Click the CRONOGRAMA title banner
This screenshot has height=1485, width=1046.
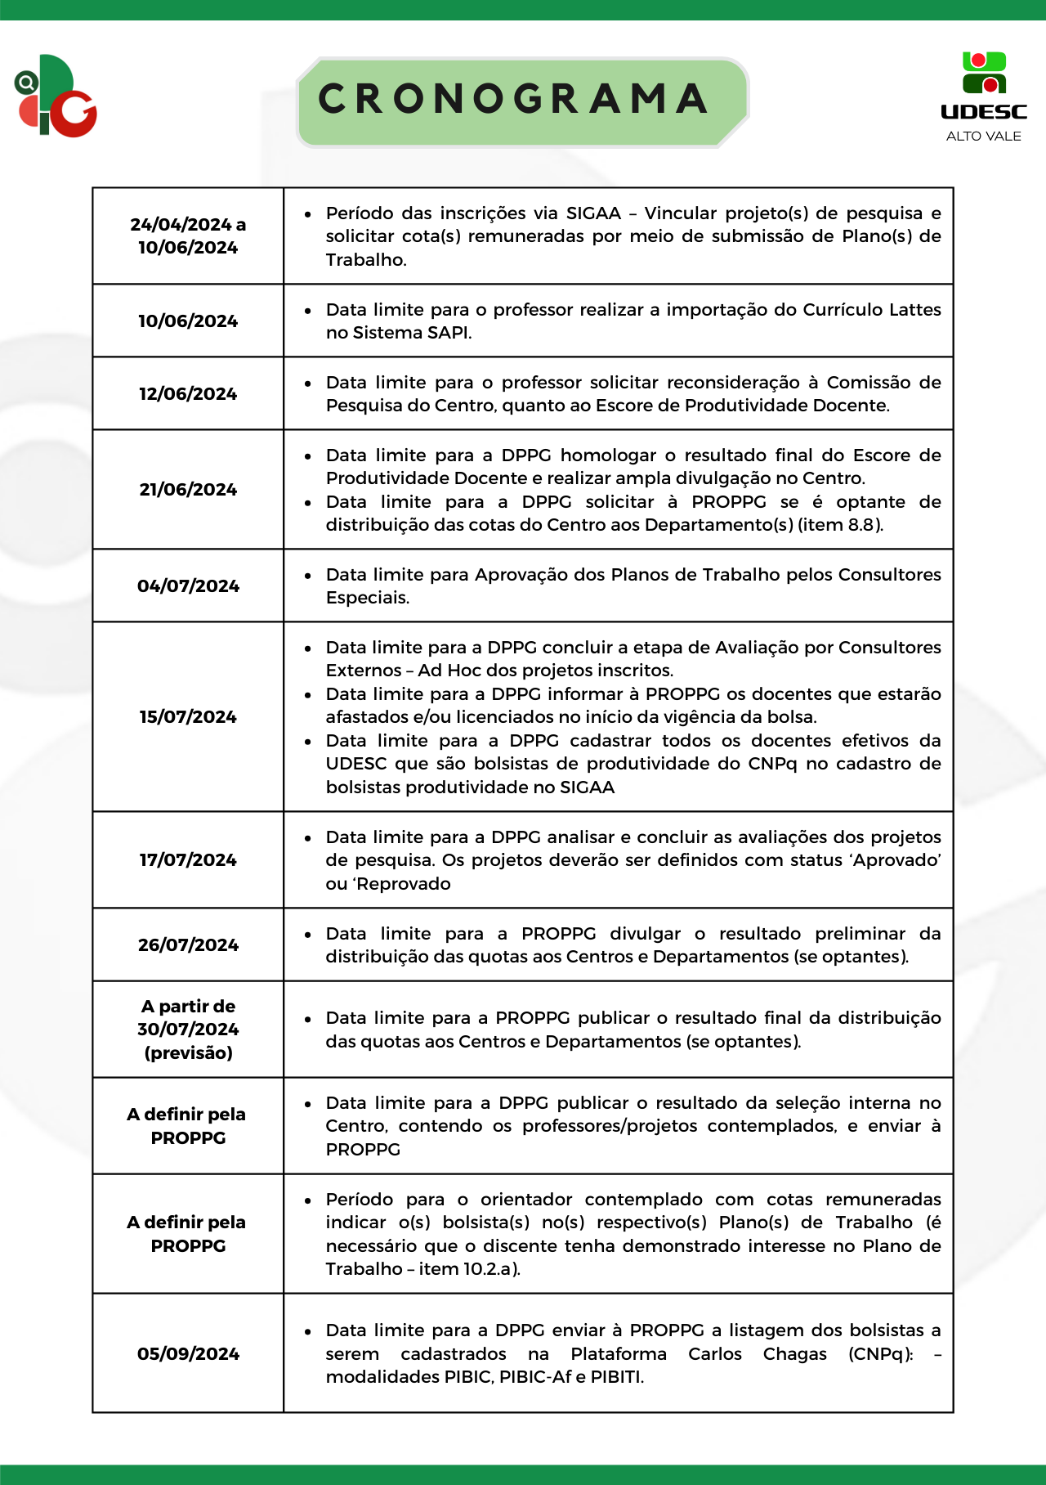pyautogui.click(x=521, y=101)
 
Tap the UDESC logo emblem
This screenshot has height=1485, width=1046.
pyautogui.click(x=984, y=74)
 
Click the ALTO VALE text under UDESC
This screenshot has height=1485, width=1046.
pyautogui.click(x=983, y=137)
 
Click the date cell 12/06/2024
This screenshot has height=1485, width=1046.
pyautogui.click(x=188, y=394)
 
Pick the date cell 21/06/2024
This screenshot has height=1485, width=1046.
pyautogui.click(x=188, y=490)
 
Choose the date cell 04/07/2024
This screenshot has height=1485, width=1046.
pyautogui.click(x=188, y=586)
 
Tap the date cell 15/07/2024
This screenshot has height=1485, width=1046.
pyautogui.click(x=188, y=717)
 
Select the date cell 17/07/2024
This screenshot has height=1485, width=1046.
pyautogui.click(x=188, y=860)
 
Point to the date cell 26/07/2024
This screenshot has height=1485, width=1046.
pyautogui.click(x=188, y=945)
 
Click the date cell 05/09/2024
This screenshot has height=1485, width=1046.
pyautogui.click(x=188, y=1354)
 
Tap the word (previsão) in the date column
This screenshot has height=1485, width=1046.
pyautogui.click(x=188, y=1053)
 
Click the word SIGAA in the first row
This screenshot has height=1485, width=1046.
pyautogui.click(x=593, y=213)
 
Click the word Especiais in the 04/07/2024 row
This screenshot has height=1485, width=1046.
pyautogui.click(x=367, y=598)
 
